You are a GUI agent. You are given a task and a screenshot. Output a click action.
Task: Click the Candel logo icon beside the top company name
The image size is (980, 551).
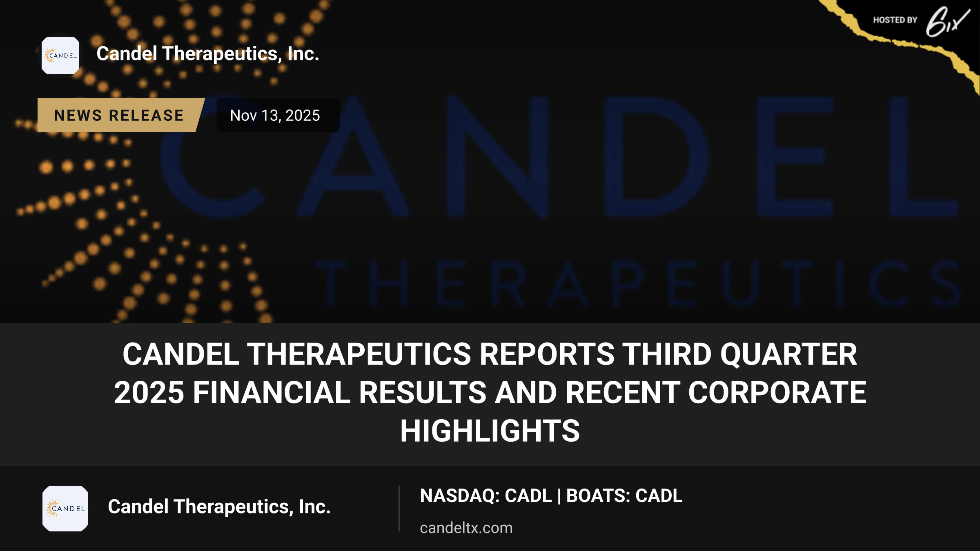tap(60, 56)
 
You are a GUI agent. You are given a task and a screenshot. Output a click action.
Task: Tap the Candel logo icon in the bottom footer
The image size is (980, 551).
tap(65, 509)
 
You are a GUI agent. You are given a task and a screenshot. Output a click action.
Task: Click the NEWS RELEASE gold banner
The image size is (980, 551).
tap(119, 115)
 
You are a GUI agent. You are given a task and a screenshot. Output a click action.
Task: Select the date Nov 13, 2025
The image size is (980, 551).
tap(275, 116)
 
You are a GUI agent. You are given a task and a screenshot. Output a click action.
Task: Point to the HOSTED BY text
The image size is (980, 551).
tap(895, 20)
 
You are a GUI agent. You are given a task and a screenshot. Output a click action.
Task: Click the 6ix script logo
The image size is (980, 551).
tap(947, 21)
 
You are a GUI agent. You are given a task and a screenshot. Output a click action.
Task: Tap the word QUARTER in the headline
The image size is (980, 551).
tap(788, 354)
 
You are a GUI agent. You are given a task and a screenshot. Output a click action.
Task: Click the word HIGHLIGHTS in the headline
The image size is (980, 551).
tap(490, 431)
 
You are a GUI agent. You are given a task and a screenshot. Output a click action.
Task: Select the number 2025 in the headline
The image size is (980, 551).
tap(149, 393)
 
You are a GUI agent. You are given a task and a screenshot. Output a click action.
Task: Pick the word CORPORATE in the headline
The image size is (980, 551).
tap(777, 393)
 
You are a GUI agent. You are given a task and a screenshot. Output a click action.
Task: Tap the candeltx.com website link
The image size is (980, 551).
tap(466, 528)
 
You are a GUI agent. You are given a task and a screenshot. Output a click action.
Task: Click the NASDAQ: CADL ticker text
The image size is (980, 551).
tap(486, 496)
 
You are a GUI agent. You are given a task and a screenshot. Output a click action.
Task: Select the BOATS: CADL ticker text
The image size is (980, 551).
tap(624, 496)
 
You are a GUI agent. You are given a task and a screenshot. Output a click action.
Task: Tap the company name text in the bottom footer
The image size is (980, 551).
tap(219, 507)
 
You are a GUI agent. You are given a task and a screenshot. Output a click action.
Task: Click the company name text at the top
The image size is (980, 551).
tap(208, 54)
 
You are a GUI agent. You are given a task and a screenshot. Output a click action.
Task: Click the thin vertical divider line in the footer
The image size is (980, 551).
tap(399, 509)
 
